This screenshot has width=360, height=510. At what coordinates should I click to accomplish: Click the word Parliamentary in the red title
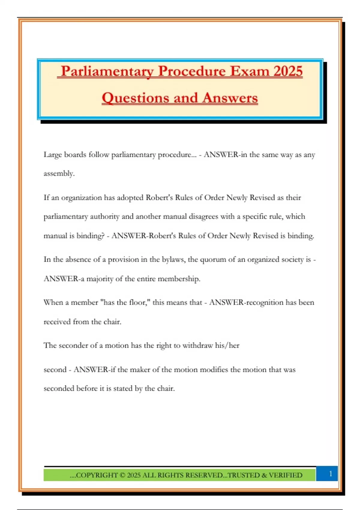107,71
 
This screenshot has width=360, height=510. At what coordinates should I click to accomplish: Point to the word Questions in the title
135,98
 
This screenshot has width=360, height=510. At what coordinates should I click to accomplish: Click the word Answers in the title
230,98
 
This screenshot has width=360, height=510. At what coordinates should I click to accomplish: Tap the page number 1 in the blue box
331,474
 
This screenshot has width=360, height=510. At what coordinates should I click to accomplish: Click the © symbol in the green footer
122,475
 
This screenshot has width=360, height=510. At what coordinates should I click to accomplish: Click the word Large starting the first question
52,155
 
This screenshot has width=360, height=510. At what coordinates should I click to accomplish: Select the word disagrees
203,217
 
